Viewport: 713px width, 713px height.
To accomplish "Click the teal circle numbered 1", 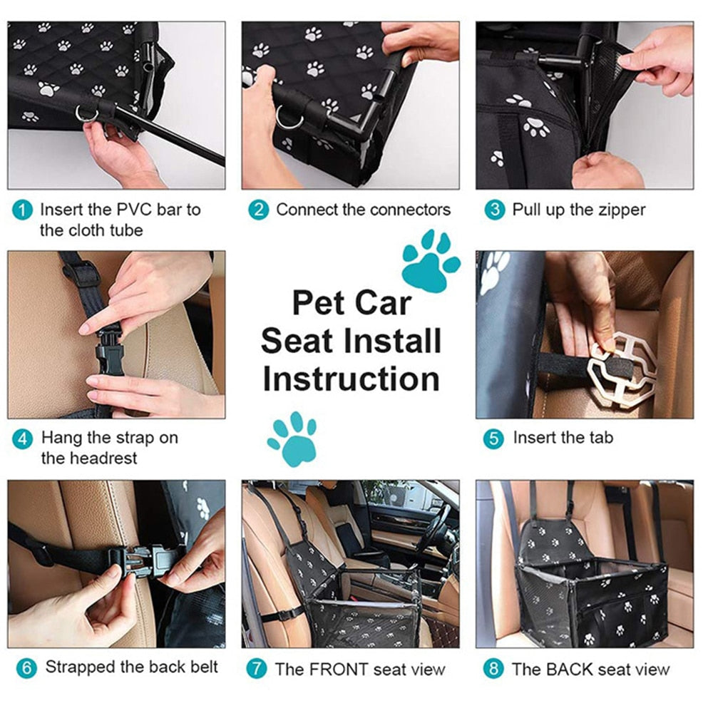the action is [22, 210].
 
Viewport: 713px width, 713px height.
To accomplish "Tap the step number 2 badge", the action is [258, 210].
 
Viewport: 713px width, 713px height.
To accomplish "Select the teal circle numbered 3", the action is [494, 210].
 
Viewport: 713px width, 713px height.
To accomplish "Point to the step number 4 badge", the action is [22, 439].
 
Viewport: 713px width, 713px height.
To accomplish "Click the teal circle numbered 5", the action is [493, 439].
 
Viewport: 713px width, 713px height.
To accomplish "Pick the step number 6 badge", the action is [26, 669].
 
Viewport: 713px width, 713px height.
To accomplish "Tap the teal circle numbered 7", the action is [256, 669].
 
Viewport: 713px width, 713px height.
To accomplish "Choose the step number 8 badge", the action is [493, 669].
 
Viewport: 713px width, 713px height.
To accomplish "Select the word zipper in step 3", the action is [620, 210].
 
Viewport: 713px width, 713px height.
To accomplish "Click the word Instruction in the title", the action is [351, 379].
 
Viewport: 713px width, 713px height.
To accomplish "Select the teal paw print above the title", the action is [431, 260].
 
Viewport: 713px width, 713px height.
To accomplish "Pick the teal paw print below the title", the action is [292, 439].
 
